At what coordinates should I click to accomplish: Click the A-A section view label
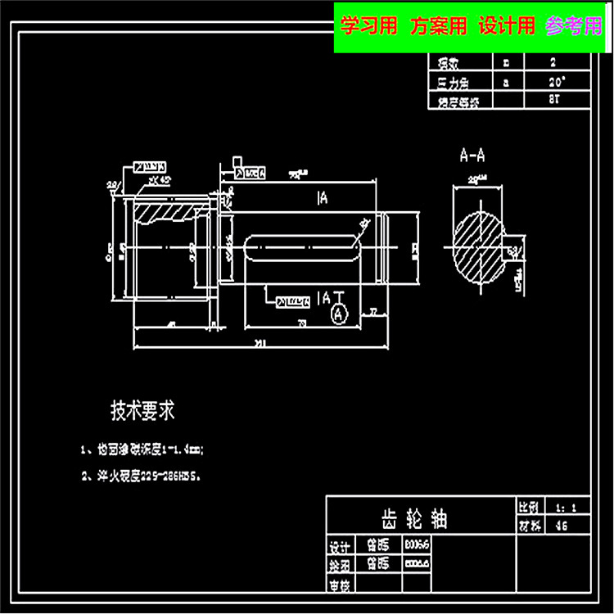(x=472, y=154)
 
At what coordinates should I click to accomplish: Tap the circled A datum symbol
(x=337, y=314)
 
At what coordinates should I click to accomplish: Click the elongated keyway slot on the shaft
(x=303, y=248)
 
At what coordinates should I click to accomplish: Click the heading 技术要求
(x=142, y=410)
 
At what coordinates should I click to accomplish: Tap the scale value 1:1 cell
(x=562, y=508)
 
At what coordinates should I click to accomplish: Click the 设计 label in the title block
(x=340, y=547)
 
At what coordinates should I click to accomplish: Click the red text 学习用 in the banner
(x=369, y=27)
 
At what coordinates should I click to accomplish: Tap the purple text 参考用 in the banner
(x=573, y=27)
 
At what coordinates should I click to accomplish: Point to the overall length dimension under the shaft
(x=259, y=343)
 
